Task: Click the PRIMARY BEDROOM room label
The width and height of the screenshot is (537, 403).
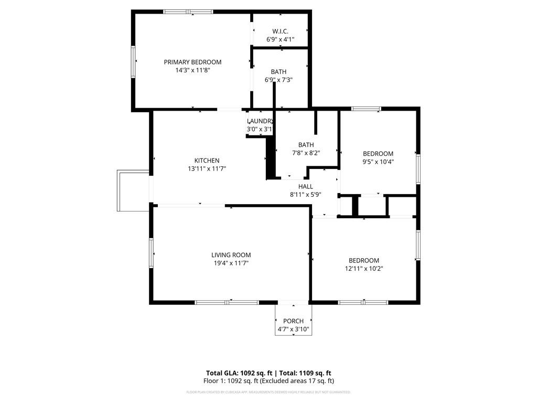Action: (192, 62)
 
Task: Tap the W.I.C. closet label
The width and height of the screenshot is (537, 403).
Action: (280, 31)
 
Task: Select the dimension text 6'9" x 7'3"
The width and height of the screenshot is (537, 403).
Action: (278, 80)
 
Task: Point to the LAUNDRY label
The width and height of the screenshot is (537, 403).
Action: (260, 121)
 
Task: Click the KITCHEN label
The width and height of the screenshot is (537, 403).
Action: (207, 161)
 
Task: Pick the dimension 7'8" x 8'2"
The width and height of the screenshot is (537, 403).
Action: (306, 153)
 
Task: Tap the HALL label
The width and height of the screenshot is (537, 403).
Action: (305, 186)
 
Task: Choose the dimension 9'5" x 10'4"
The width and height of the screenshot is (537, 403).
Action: (378, 162)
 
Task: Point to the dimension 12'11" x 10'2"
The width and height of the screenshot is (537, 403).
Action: (364, 268)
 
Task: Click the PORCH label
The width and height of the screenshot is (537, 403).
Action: (293, 321)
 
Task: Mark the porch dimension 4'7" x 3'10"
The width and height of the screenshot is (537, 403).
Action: (293, 330)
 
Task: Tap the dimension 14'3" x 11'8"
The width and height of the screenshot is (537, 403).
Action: (192, 70)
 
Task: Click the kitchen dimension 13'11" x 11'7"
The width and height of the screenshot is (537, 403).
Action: (207, 168)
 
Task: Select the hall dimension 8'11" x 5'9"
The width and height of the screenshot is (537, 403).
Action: (305, 194)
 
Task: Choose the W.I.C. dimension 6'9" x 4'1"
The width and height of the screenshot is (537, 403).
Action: (280, 39)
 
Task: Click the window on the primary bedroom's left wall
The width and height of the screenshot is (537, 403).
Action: (134, 62)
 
